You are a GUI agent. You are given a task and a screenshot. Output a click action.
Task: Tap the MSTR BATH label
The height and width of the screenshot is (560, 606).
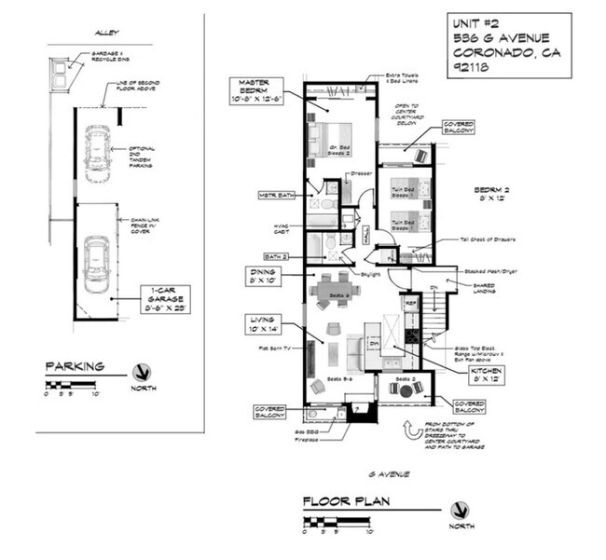pos(277,196)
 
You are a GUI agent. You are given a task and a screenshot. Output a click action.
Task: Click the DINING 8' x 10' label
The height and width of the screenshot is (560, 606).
pos(264,277)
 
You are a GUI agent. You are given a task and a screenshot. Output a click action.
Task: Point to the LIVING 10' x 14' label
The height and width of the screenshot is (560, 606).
pos(265,324)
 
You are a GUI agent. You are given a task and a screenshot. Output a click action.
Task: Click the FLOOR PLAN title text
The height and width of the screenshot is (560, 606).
pos(344,503)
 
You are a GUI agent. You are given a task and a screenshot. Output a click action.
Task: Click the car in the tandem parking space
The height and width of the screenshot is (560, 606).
pos(97,154)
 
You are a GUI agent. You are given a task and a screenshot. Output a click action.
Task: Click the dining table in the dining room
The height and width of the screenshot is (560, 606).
pos(333,290)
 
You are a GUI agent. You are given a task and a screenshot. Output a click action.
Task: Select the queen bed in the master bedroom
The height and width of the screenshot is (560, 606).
pos(327,140)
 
